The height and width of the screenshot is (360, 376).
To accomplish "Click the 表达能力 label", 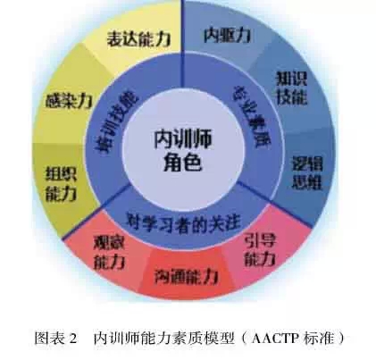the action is coord(139,38).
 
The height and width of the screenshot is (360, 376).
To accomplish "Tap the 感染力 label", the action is coord(69,101).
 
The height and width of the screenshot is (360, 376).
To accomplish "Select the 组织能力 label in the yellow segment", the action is coord(61,183).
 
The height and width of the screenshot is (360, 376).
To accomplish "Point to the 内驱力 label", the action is coord(227,35).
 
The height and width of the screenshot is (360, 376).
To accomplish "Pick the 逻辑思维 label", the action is coord(307,172).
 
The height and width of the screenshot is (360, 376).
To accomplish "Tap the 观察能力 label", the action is coord(110,253).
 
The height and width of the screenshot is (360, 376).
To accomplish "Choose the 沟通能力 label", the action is coord(187,277).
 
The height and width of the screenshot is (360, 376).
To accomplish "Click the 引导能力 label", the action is coord(260,249).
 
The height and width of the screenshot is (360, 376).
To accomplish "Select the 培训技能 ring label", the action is coord(118,121).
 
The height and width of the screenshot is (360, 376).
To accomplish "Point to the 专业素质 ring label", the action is coord(252,116).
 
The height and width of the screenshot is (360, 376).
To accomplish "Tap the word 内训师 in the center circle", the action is coord(183,139).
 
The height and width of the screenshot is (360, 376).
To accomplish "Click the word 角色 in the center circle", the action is coord(183,163).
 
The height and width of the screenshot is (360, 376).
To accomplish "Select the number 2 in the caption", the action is coord(73,339).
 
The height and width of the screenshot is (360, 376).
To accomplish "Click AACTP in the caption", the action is coord(275,339).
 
